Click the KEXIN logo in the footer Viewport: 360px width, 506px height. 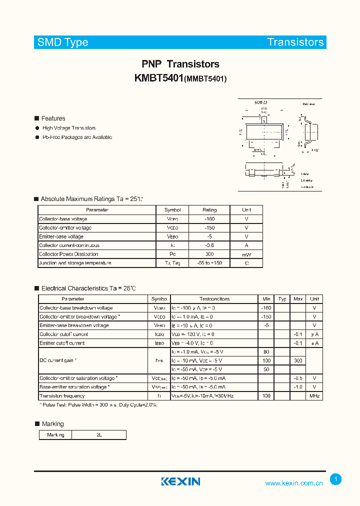[180, 481]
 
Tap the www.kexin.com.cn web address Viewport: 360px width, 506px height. [294, 483]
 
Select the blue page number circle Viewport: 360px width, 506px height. [336, 479]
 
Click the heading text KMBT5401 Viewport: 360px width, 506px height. [159, 78]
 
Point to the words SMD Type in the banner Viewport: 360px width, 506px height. [63, 42]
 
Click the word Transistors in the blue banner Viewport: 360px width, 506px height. [295, 42]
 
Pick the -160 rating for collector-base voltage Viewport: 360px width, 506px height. [209, 219]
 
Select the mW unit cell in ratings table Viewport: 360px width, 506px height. [246, 254]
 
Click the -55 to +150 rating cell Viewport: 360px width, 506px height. [209, 263]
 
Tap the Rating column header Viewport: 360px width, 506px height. [209, 210]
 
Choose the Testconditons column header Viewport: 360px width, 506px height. [214, 299]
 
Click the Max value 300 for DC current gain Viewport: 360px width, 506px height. [298, 360]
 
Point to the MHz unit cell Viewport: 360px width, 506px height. [314, 396]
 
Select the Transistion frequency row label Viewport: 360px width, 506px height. [62, 396]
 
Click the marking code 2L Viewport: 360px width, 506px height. [99, 435]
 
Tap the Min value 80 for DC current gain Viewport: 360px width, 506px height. [266, 351]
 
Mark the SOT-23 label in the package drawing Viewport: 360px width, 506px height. [260, 102]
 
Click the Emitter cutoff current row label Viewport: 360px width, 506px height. [62, 343]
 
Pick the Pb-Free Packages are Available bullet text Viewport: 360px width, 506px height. [77, 137]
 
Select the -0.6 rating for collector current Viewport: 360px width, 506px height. [209, 245]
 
